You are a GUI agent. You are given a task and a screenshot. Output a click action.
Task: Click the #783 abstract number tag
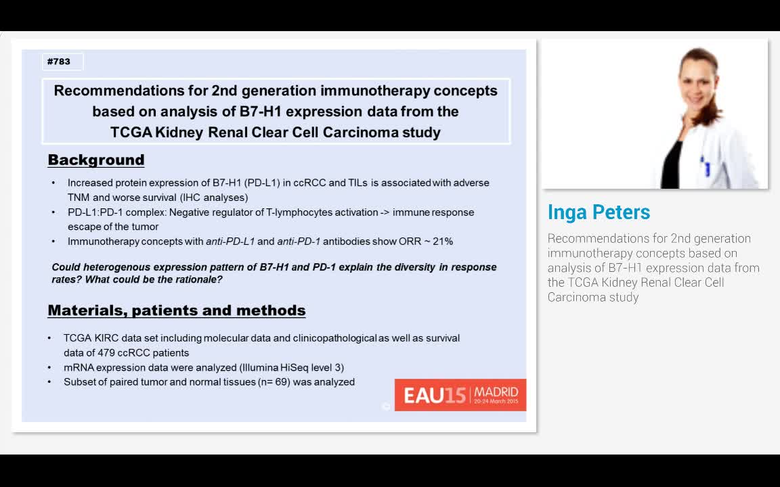[59, 62]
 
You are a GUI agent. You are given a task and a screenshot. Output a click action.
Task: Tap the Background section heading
[96, 160]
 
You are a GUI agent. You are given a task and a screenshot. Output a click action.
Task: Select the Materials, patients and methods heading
[176, 310]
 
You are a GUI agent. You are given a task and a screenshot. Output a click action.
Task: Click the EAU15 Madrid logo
[460, 395]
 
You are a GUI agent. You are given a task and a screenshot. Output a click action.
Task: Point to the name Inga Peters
[599, 212]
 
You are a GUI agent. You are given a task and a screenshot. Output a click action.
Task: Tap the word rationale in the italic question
[198, 279]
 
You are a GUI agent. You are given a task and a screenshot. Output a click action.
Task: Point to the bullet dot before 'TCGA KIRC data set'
[49, 338]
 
